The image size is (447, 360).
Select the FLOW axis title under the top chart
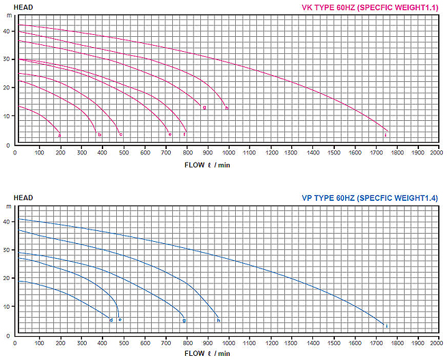[207, 164]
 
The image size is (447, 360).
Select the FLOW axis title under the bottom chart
[207, 354]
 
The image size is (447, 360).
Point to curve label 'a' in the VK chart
[59, 135]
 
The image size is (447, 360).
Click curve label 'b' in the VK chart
[100, 135]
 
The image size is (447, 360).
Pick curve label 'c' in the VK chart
[121, 135]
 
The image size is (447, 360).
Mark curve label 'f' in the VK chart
[185, 135]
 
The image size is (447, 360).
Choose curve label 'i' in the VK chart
[385, 135]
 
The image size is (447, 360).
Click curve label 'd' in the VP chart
[111, 320]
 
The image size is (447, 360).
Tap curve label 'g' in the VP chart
[184, 320]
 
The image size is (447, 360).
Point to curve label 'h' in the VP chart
[218, 320]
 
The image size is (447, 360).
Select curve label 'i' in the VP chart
[387, 325]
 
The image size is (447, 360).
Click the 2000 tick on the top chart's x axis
[436, 152]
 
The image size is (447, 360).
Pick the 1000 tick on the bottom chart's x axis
[228, 342]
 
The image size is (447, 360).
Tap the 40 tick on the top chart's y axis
[7, 31]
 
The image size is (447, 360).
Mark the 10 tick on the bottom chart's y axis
[7, 307]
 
